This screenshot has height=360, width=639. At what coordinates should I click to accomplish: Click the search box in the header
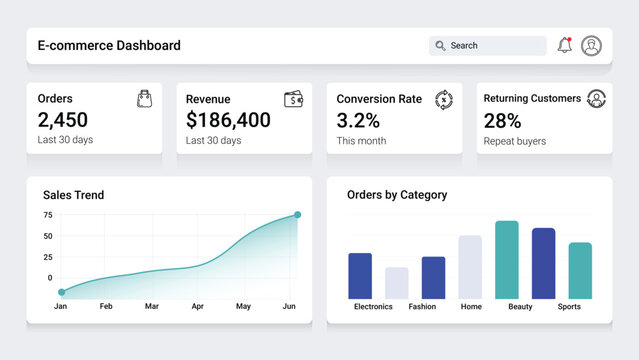(488, 46)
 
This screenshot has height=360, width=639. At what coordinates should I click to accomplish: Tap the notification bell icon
(564, 46)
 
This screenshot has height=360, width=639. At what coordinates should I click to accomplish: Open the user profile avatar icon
(591, 46)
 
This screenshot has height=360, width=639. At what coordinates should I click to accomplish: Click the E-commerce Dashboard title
(109, 45)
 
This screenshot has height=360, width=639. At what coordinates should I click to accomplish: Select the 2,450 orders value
(63, 120)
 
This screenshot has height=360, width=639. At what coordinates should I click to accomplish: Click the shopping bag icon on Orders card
(145, 98)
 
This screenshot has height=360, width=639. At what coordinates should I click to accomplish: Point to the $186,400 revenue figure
(228, 120)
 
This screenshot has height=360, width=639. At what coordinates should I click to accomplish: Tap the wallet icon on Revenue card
(294, 99)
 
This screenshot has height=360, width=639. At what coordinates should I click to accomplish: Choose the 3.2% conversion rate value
(358, 121)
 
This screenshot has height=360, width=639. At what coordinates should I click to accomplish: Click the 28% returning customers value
(502, 121)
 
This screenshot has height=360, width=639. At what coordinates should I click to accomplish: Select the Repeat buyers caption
(514, 141)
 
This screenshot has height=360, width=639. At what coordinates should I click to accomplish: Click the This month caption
(361, 141)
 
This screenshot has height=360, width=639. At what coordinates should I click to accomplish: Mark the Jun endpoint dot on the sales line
(297, 215)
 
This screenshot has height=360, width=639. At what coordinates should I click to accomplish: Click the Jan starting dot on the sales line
(61, 292)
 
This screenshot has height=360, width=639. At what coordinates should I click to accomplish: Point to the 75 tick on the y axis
(48, 215)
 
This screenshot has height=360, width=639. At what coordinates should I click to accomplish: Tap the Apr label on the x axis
(197, 306)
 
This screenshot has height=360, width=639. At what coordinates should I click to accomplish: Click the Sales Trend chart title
(73, 195)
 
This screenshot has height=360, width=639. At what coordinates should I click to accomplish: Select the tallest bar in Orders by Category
(507, 260)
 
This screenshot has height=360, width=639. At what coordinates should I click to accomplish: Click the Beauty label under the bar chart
(520, 307)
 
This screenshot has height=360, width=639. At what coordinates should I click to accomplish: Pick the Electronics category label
(373, 307)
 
